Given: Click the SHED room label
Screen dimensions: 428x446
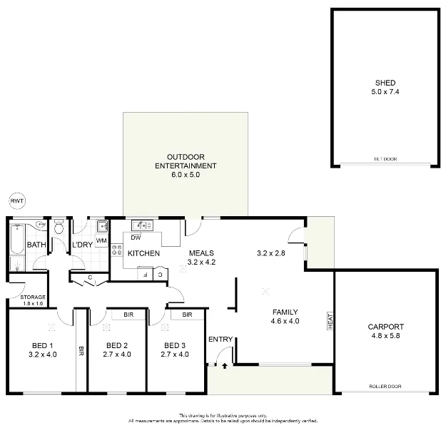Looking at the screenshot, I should pos(385,83).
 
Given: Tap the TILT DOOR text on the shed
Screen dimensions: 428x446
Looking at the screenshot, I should pos(385,159).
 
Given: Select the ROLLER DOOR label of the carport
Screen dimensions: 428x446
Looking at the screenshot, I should pos(385,386).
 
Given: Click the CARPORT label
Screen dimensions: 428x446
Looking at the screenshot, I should pos(385,327).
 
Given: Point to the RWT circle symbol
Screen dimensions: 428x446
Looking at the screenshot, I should pos(17,202).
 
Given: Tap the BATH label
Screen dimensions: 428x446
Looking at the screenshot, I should pos(36,245).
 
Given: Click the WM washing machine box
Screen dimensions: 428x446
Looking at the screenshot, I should pos(101,241).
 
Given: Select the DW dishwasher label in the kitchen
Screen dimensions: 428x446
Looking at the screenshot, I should pos(136,238).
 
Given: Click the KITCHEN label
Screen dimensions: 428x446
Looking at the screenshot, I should pos(143,253).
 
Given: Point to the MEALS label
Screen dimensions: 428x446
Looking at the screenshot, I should pos(201,253).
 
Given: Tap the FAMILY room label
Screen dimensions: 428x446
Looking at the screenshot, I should pos(285,312).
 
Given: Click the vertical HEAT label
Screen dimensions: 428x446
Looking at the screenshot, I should pos(330,321).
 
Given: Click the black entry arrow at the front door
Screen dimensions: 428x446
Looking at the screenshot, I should pos(225,366).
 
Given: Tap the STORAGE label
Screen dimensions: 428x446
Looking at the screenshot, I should pos(33,297).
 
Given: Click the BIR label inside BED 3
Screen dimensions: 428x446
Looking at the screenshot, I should pos(188,315).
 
